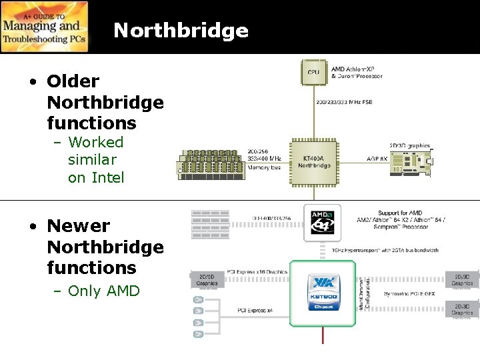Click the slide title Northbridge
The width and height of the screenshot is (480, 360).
coord(181,31)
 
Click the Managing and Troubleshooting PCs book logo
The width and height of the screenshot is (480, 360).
coord(44,27)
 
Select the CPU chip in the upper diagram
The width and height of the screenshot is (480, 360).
coord(313,71)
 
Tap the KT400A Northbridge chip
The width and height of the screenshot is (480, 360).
coord(313,162)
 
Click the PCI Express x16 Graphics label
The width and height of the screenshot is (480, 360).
coord(257,272)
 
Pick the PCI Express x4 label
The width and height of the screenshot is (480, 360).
coord(255,311)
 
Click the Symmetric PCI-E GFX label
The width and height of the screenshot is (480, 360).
coord(411,293)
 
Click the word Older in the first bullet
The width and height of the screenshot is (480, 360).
coord(73,81)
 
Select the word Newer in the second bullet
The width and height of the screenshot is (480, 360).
coord(78,226)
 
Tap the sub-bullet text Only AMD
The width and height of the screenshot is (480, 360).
coord(104,291)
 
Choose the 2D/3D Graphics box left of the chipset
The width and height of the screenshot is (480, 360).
coord(207,279)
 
